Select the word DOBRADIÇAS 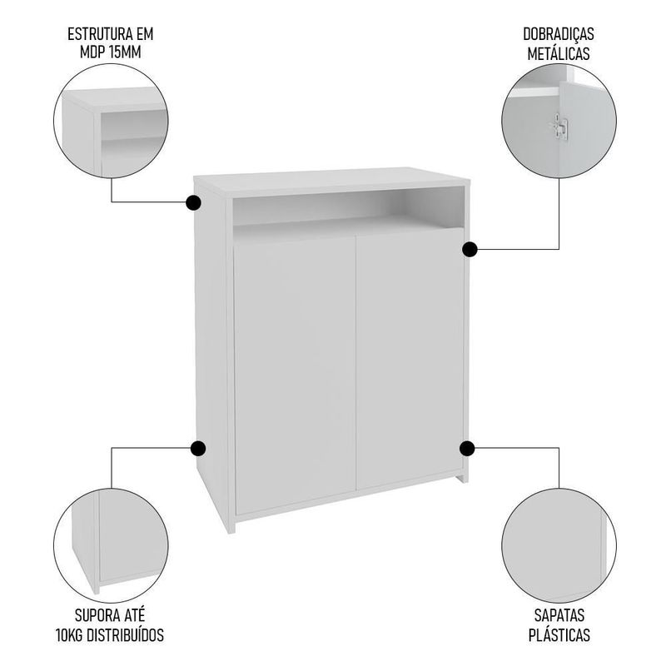coord(559,34)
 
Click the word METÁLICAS coord(559,54)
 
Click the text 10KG coord(70,635)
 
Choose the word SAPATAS coord(559,615)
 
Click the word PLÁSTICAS coord(559,635)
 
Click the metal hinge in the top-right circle coord(560,127)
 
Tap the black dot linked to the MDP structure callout coord(194,202)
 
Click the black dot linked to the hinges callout coord(470,249)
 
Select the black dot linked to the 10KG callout coord(198,448)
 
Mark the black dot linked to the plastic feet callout coord(467,448)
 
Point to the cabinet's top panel coord(331,181)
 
